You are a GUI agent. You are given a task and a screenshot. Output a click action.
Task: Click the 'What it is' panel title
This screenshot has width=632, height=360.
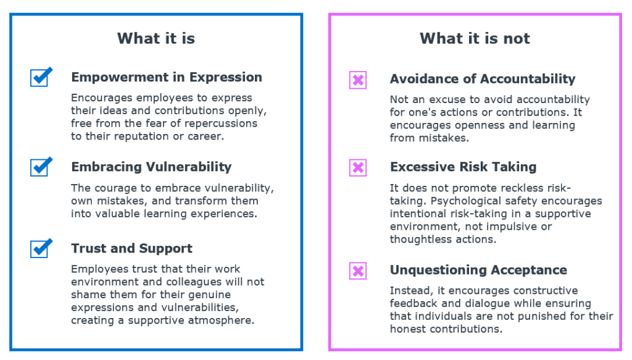(x=156, y=38)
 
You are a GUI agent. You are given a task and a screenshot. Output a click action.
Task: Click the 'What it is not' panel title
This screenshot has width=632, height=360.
(x=475, y=38)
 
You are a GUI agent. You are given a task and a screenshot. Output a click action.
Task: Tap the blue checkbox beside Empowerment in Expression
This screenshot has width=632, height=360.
(x=40, y=77)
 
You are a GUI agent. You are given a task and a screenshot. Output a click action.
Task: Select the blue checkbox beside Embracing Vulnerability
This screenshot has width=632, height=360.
(x=40, y=167)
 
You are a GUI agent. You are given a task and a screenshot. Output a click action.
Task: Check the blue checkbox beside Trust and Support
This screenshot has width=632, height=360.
(x=40, y=248)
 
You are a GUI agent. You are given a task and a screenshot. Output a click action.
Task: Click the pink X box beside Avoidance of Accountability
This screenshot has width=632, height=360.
(x=358, y=80)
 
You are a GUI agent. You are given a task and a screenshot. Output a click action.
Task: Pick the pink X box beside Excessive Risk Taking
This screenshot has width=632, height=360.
(x=358, y=167)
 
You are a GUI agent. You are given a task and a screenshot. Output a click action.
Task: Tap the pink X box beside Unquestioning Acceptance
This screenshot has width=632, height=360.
(x=358, y=270)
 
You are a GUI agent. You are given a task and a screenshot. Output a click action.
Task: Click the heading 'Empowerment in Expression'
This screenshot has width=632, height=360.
(x=167, y=77)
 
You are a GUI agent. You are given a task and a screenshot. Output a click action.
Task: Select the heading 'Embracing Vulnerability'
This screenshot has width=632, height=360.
(x=151, y=167)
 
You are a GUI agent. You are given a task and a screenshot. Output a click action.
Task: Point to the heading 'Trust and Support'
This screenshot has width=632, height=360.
(x=131, y=248)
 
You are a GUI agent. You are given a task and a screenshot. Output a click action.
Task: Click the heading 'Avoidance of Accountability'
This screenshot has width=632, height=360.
(x=483, y=79)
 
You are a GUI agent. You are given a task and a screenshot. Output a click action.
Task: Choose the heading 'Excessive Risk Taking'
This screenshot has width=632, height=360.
(x=463, y=167)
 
